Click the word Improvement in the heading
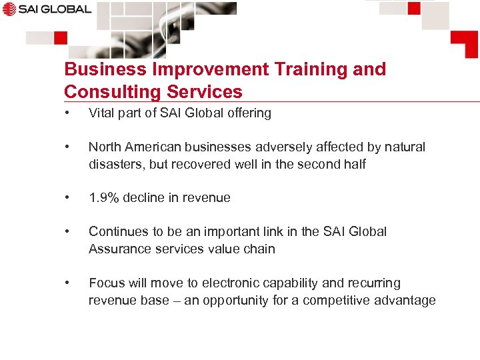(x=194, y=69)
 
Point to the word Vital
(x=101, y=113)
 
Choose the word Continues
(x=118, y=231)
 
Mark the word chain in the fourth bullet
(x=259, y=249)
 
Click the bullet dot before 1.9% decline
(x=67, y=197)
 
